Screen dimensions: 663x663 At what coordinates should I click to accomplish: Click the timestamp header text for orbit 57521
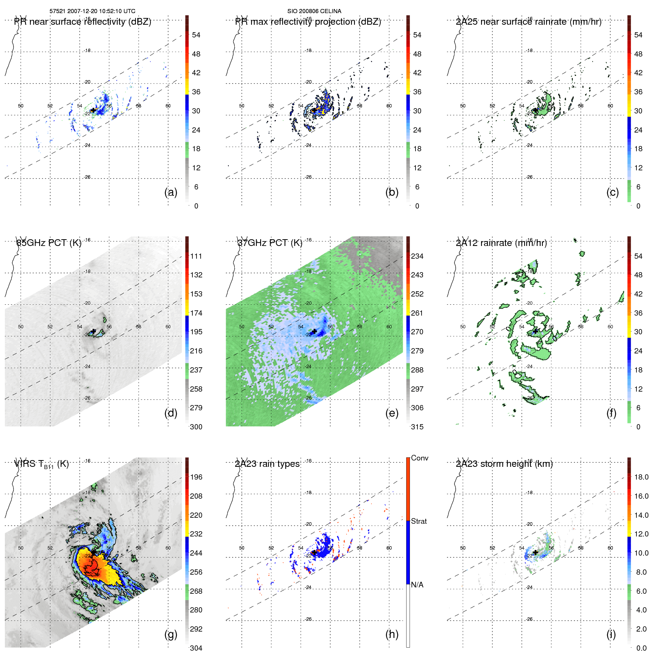(x=92, y=11)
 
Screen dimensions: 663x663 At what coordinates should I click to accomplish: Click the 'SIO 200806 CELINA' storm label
(x=314, y=11)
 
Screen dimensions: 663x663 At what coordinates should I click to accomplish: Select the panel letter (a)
(x=171, y=192)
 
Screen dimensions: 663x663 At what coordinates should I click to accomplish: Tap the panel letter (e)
(x=392, y=413)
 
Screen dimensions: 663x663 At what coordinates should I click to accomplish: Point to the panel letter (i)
(x=611, y=634)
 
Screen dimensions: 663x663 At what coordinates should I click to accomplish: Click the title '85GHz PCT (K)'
(x=49, y=243)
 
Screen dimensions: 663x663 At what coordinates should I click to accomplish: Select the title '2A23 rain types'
(x=267, y=464)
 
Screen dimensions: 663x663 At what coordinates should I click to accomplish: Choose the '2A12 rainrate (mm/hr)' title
(x=501, y=243)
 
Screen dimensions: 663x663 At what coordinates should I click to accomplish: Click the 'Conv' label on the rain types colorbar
(x=420, y=458)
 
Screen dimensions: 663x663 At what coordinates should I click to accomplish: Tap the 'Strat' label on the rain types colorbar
(x=419, y=521)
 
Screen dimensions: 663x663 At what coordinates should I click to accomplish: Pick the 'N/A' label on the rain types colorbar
(x=417, y=585)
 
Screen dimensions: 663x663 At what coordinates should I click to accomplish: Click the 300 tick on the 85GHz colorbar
(x=196, y=427)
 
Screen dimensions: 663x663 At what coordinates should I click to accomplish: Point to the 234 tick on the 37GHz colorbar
(x=417, y=256)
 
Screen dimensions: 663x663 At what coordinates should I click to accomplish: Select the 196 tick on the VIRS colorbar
(x=196, y=477)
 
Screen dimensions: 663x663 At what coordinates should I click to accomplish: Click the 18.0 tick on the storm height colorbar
(x=641, y=477)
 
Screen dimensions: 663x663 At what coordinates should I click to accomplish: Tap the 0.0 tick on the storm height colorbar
(x=641, y=648)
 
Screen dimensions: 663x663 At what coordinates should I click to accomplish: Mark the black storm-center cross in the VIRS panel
(x=93, y=552)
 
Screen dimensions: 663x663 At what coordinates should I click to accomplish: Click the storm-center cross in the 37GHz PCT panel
(x=314, y=331)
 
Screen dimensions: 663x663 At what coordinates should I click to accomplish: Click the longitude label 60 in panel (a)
(x=168, y=106)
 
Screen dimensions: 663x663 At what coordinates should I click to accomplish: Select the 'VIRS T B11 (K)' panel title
(x=42, y=464)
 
